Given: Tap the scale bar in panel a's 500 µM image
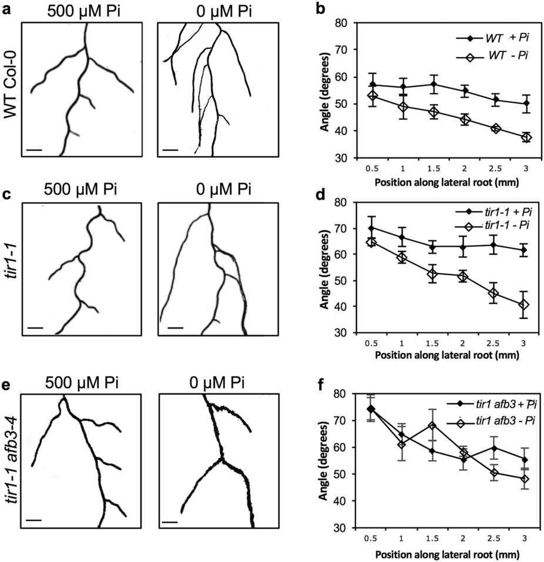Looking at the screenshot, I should pyautogui.click(x=35, y=150).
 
